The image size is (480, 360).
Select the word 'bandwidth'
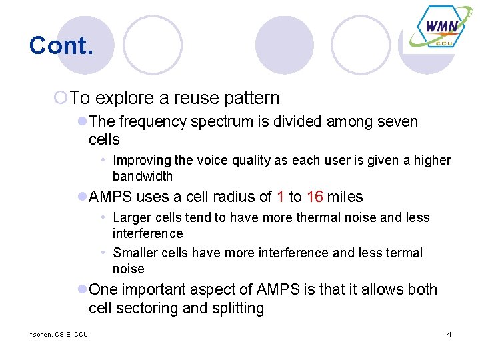[143, 177]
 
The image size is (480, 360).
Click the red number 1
[280, 197]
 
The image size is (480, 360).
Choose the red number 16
[315, 197]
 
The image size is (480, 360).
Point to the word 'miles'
[345, 197]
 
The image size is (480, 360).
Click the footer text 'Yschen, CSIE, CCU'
[49, 334]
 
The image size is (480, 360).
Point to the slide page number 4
[449, 334]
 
